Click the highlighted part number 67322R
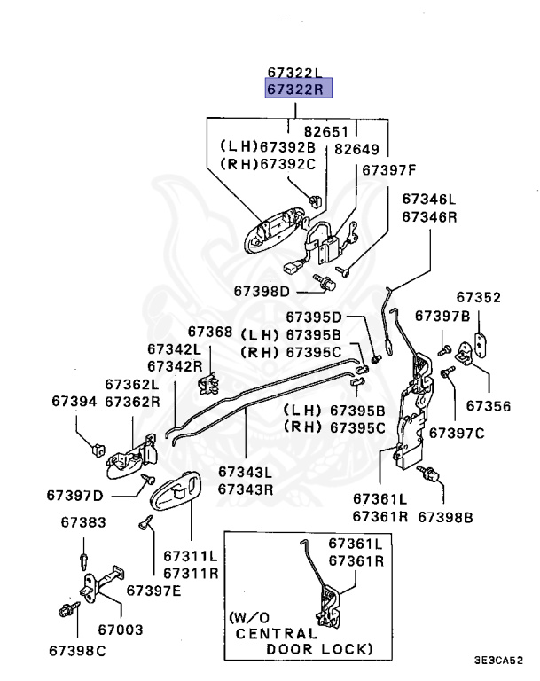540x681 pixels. [298, 89]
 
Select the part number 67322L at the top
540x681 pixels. [298, 72]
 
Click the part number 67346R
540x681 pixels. [428, 216]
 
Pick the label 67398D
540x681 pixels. [262, 291]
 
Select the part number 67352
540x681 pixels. [478, 297]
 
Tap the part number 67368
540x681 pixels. [209, 333]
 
